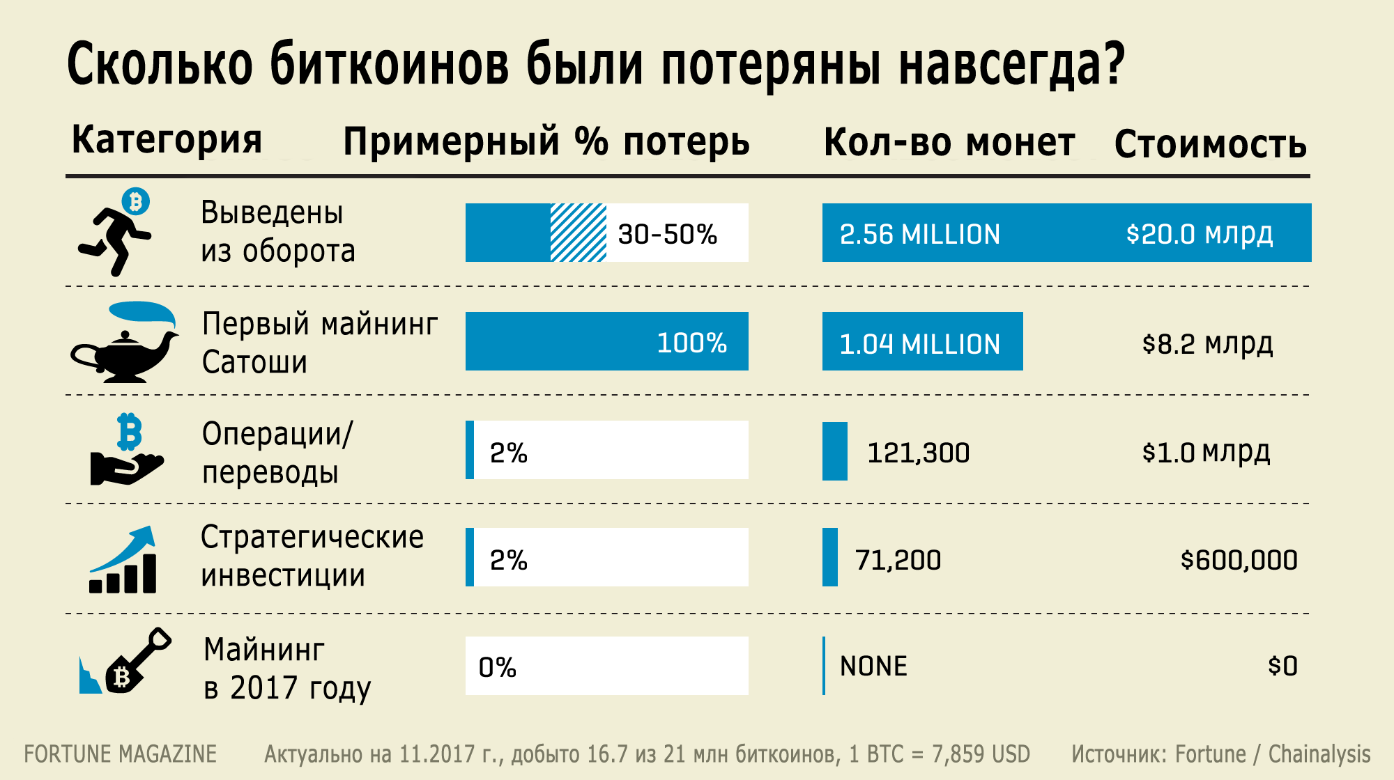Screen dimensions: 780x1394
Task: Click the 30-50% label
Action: [667, 234]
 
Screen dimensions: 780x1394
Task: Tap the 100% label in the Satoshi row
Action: [691, 343]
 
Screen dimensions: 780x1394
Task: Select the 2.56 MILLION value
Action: [919, 234]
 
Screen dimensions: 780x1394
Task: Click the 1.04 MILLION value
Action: [919, 343]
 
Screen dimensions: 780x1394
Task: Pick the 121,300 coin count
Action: [918, 453]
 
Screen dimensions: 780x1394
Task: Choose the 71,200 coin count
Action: [898, 560]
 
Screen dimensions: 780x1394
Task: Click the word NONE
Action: [873, 666]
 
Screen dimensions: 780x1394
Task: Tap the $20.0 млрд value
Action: [1200, 234]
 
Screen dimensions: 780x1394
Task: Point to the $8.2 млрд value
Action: [1207, 343]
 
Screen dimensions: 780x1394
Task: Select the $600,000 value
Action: [1239, 560]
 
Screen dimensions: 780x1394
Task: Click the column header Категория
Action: [167, 139]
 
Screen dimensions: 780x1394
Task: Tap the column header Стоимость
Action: [1210, 144]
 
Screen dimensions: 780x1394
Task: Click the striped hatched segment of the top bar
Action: [578, 233]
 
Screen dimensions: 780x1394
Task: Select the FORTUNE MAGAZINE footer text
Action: [121, 754]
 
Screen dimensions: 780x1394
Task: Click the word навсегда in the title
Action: [1011, 64]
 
